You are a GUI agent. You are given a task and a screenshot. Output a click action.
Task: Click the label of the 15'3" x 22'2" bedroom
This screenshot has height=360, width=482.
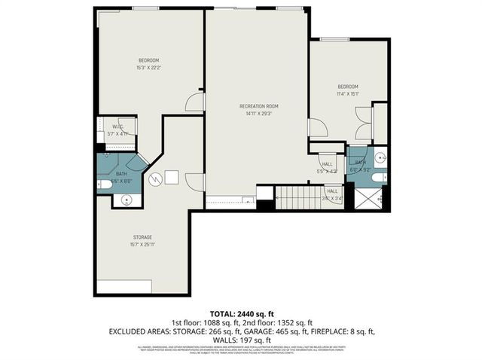(148, 60)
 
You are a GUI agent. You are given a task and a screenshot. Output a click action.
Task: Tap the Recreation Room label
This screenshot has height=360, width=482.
(258, 106)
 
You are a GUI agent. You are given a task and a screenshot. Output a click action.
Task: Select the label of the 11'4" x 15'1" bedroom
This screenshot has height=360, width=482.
(347, 87)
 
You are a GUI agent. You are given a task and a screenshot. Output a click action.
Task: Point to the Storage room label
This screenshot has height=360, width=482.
(142, 236)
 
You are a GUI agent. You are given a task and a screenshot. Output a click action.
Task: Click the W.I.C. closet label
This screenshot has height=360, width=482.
(117, 127)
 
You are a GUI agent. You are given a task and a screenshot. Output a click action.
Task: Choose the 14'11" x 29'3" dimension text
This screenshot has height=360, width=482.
(258, 114)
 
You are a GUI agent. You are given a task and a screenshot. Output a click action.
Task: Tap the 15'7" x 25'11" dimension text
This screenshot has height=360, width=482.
(142, 244)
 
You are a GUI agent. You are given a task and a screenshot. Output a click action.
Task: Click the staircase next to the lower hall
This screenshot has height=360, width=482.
(300, 197)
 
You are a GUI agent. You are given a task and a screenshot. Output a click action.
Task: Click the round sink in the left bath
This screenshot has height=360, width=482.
(127, 200)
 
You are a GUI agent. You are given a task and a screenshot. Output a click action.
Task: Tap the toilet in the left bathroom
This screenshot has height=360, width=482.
(102, 183)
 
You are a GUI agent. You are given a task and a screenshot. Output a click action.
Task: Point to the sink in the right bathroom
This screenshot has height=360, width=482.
(380, 158)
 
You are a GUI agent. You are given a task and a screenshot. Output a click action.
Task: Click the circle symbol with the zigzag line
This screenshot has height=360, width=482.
(155, 179)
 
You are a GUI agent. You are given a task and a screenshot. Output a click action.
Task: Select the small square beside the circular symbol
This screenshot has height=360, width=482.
(172, 178)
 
